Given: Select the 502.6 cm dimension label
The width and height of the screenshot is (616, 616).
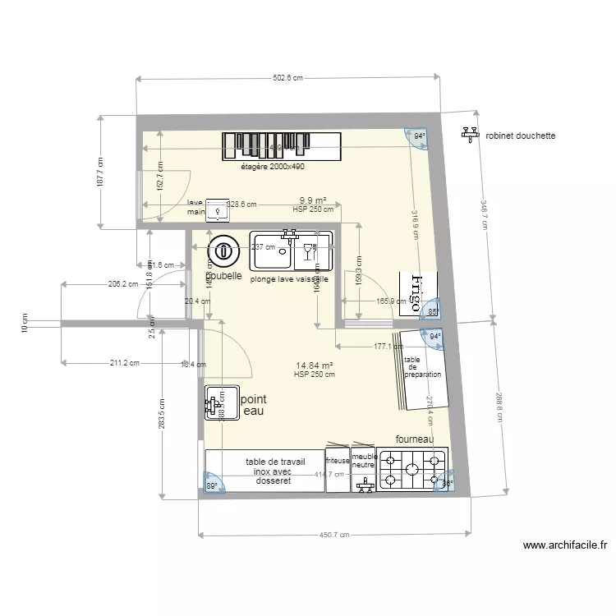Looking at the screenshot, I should tap(287, 79).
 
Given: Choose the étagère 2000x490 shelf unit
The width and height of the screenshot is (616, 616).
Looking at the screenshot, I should tap(282, 146).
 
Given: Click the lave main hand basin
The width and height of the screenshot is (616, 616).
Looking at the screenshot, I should tap(218, 210).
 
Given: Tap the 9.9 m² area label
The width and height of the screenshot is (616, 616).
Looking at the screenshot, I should tap(312, 200).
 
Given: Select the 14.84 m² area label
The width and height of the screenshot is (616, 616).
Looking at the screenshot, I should tap(314, 365).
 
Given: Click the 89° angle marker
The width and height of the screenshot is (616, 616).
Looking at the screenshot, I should tap(212, 485).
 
